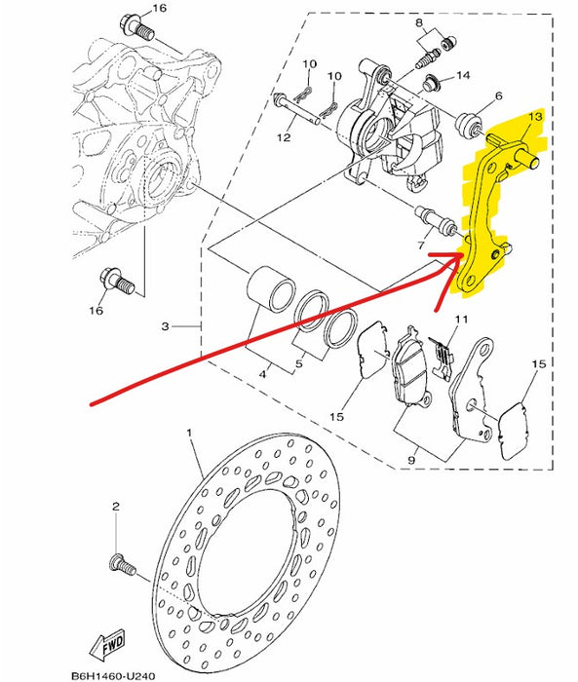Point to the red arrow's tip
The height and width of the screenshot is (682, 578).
point(461,254)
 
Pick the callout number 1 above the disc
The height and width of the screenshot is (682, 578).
point(189,430)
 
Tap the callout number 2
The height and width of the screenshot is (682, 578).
point(115,507)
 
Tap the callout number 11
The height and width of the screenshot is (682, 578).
point(460,320)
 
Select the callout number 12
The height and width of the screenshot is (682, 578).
point(285,138)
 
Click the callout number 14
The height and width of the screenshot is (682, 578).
point(462,75)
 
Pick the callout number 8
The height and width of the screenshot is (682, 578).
point(418,22)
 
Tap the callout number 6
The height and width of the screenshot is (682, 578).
point(497,96)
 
